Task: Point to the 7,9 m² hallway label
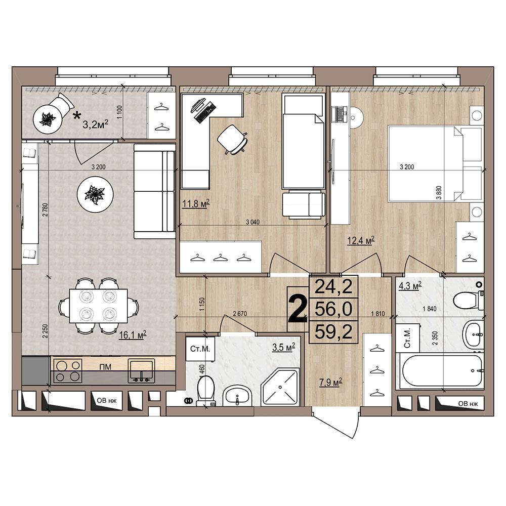(x=330, y=383)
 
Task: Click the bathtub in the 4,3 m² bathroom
(x=441, y=371)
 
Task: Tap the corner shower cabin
(x=280, y=387)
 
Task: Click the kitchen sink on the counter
(x=141, y=370)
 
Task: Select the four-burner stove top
(x=68, y=370)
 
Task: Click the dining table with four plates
(x=99, y=306)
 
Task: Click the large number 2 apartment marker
(x=298, y=309)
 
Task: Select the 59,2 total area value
(x=333, y=331)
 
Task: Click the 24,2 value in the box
(x=333, y=286)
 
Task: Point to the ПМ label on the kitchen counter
(x=106, y=367)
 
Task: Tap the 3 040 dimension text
(x=252, y=222)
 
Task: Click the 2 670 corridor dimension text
(x=240, y=314)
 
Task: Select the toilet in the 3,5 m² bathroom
(x=205, y=390)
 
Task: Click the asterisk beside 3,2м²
(x=77, y=116)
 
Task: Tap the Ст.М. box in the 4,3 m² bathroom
(x=407, y=338)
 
